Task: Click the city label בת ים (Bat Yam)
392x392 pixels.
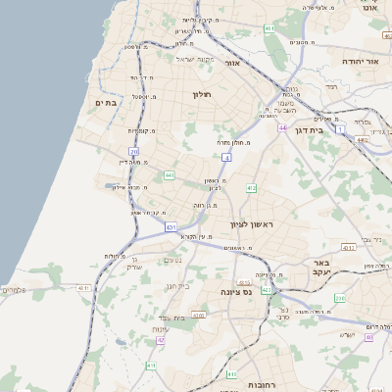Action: point(106,103)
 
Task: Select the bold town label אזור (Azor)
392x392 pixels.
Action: point(233,63)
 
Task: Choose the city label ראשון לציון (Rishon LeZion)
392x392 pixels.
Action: point(255,224)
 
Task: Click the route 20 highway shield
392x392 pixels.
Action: point(133,151)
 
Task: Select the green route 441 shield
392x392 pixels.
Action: point(170,175)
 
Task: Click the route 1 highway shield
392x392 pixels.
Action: point(340,128)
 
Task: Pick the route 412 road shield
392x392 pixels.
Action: point(251,187)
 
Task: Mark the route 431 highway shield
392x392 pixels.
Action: point(171,227)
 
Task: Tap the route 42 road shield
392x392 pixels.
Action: point(161,341)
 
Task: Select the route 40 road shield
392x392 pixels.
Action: point(368,337)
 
